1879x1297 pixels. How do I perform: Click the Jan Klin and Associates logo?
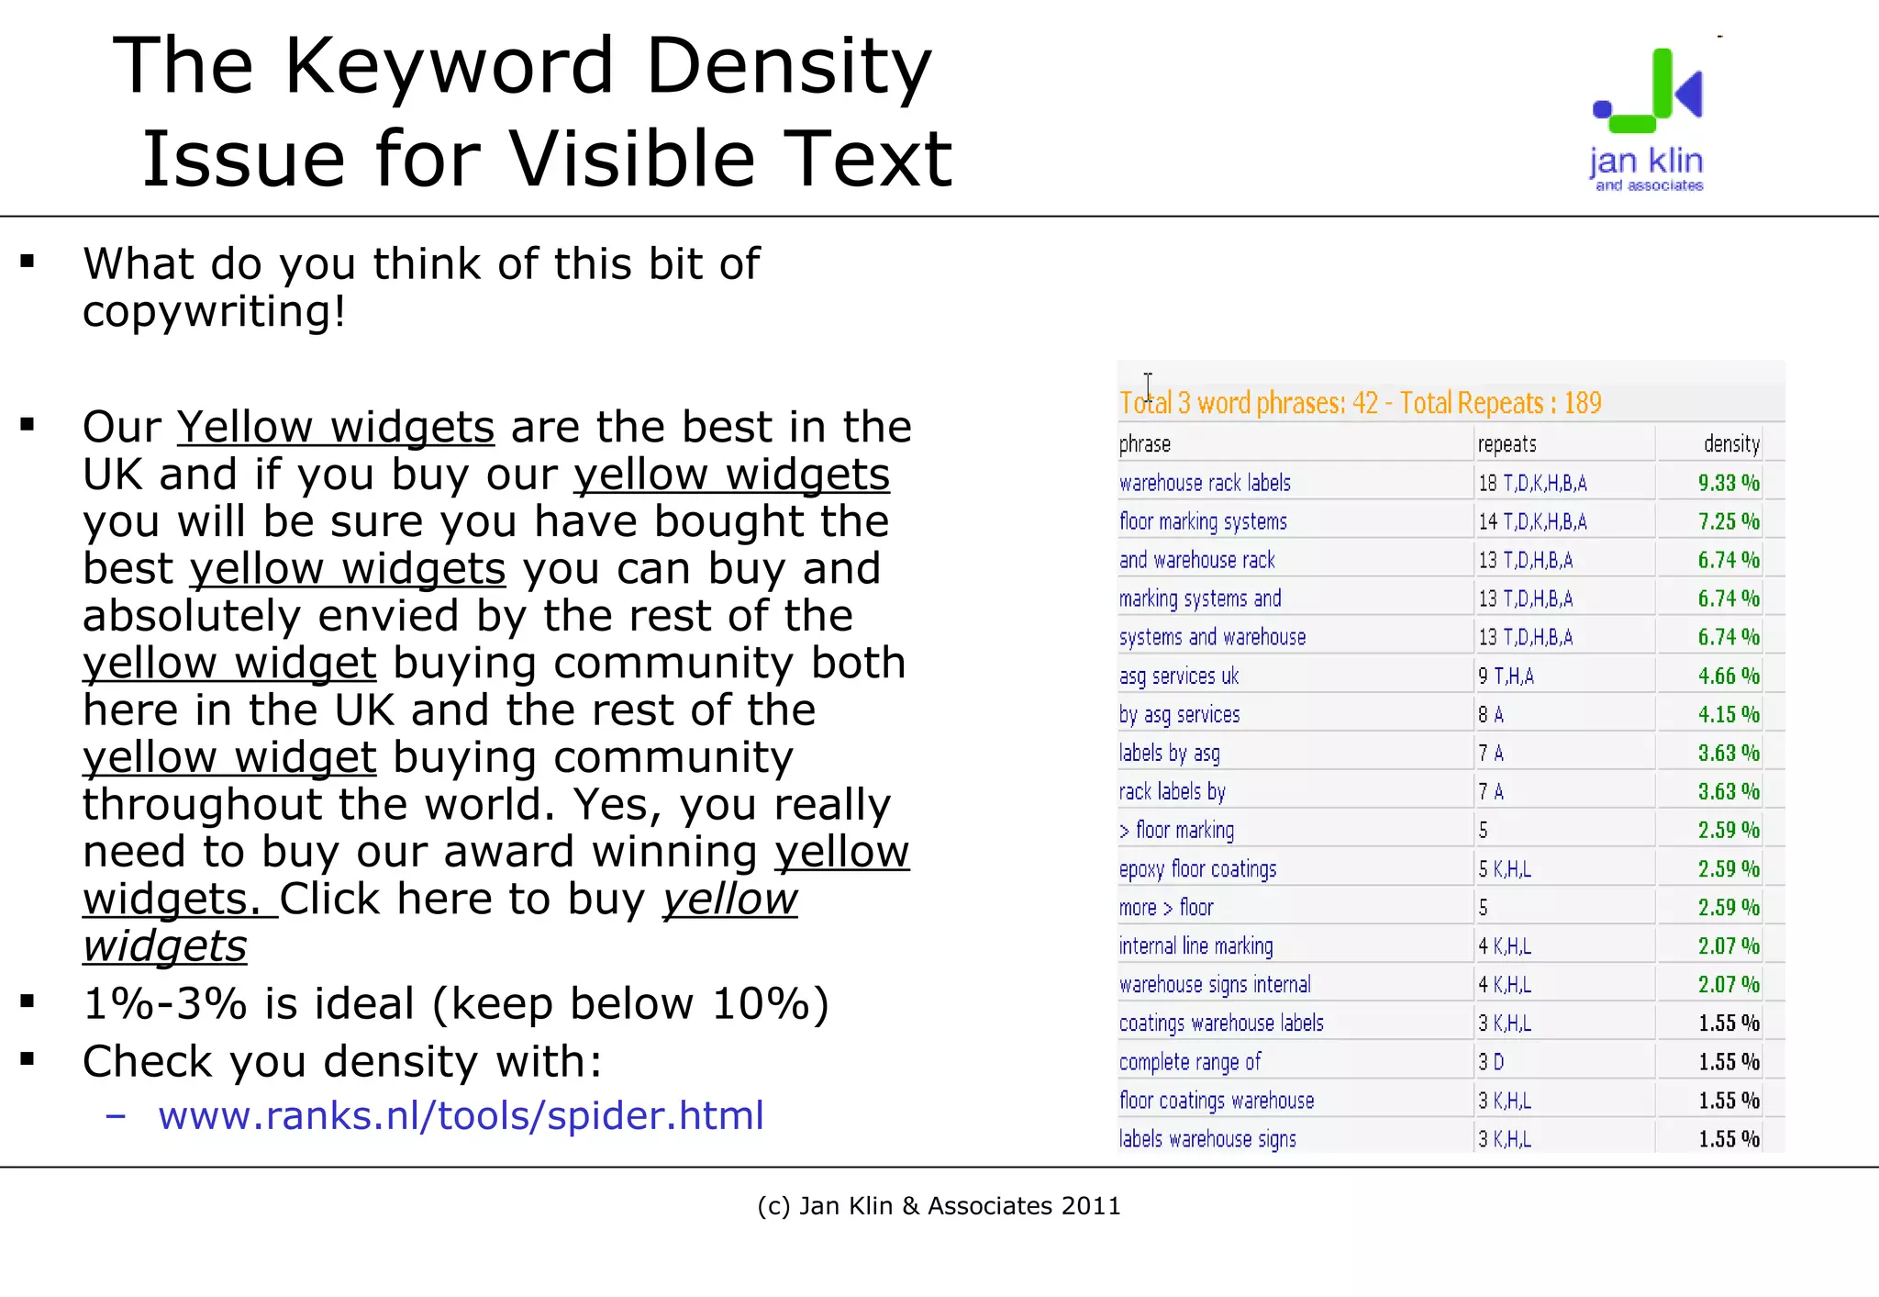(x=1648, y=119)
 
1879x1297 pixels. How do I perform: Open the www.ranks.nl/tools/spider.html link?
(x=461, y=1115)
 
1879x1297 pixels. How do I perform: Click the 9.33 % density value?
(x=1728, y=483)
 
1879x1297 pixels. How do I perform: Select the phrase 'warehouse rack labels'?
(x=1205, y=483)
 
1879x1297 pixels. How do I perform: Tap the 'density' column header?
(x=1731, y=444)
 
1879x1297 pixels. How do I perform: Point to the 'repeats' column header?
(x=1507, y=444)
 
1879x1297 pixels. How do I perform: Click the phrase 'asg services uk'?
(x=1179, y=676)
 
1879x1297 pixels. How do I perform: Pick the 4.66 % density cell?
(x=1728, y=676)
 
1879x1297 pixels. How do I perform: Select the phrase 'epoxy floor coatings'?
(x=1197, y=869)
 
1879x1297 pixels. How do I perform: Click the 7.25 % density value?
(x=1728, y=521)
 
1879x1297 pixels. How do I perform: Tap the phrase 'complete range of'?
(x=1190, y=1062)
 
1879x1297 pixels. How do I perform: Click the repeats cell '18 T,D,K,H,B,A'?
(x=1532, y=483)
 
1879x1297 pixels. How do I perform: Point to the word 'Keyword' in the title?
(x=449, y=66)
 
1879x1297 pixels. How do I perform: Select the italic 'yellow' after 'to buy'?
(x=730, y=899)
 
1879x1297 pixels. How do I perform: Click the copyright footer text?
(x=939, y=1205)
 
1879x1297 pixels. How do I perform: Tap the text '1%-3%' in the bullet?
(x=165, y=1003)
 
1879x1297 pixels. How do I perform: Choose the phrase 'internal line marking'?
(x=1195, y=946)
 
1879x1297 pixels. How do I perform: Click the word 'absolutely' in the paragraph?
(x=192, y=616)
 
